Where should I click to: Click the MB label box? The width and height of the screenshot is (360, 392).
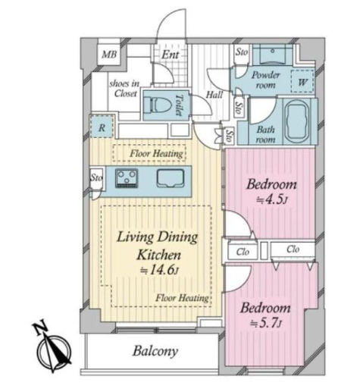point(109,54)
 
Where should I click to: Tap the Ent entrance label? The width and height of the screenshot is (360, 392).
point(171,55)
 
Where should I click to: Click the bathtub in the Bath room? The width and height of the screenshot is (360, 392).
point(297,122)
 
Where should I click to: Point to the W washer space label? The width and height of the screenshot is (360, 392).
point(302,82)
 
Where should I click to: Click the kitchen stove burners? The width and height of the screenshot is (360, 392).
point(127,178)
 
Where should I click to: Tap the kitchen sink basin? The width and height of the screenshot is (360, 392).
point(170,178)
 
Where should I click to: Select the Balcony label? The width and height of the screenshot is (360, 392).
point(155,351)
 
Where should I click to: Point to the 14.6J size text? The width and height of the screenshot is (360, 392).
point(159,270)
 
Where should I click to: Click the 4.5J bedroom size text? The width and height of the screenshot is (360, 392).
point(272,199)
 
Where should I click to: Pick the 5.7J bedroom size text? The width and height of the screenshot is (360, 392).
point(265,323)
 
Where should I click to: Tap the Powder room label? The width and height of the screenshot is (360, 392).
point(266,80)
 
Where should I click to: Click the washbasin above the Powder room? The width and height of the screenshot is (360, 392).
point(273,55)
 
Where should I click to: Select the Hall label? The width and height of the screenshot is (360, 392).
point(214,95)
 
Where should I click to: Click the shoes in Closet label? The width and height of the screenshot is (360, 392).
point(124,89)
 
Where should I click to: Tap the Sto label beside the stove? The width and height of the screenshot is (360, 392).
point(96,177)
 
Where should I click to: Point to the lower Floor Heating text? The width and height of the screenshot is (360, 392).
point(182,298)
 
